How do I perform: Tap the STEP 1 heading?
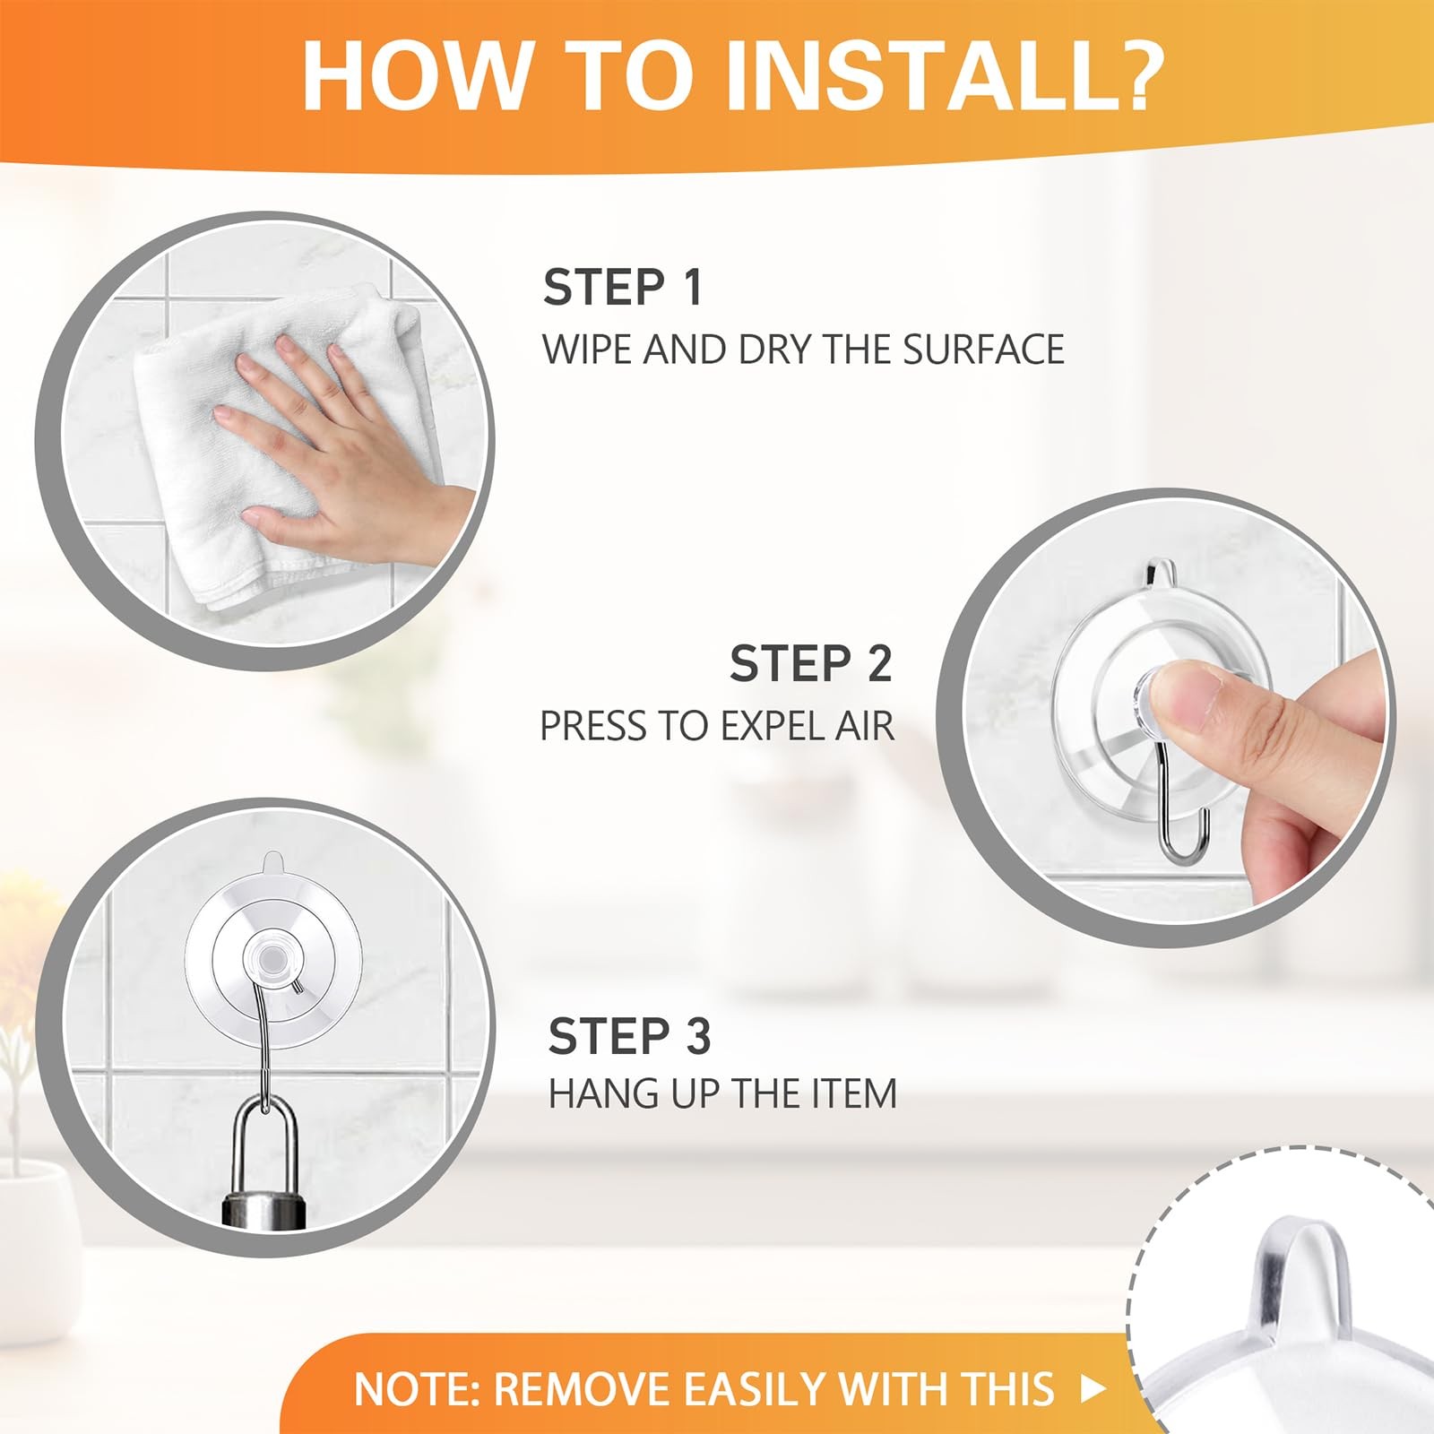(622, 288)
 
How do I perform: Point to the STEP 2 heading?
(810, 664)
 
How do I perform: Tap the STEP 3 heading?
(629, 1036)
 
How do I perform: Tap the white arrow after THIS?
(1093, 1389)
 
